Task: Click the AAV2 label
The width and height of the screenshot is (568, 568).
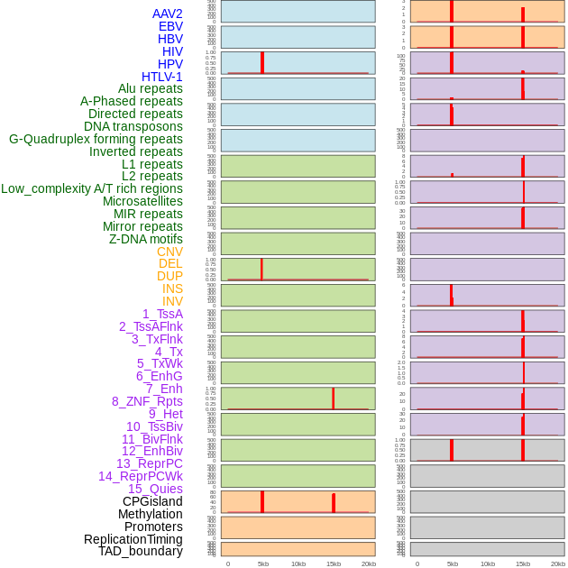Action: point(167,14)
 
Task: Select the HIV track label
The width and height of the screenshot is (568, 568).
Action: point(172,51)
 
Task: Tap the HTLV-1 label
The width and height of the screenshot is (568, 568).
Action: point(161,77)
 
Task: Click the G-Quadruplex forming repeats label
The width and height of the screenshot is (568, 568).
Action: point(96,139)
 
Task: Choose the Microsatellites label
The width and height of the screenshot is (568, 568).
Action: point(142,201)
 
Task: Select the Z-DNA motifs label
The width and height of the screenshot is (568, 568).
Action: point(145,239)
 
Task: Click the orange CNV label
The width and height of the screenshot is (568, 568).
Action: point(169,252)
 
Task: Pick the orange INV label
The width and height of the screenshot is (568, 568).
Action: point(172,301)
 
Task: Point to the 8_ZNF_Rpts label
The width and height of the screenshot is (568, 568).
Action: point(147,401)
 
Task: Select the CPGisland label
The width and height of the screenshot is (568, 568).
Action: point(152,501)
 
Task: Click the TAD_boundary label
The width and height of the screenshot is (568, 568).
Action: point(141,551)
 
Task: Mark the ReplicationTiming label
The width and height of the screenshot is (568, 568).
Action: point(133,539)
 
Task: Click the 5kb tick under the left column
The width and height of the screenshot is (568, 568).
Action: point(263,563)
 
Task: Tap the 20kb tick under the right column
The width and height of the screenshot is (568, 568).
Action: point(558,563)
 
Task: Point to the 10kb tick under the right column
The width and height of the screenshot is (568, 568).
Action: point(488,563)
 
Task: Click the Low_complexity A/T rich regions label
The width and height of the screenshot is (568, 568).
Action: point(92,188)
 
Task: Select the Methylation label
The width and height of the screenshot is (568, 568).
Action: point(150,514)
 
